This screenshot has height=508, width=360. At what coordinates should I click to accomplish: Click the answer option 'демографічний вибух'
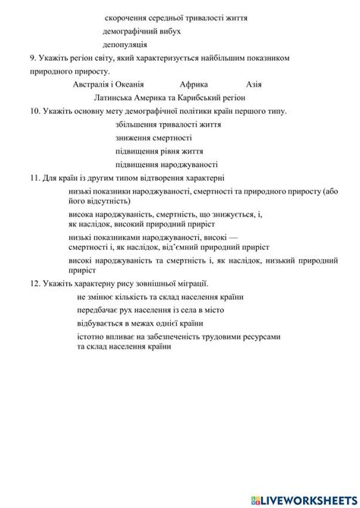point(141,31)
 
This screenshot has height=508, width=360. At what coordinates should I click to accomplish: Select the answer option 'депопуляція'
point(125,45)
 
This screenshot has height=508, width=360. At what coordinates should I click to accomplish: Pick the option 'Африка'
point(195,85)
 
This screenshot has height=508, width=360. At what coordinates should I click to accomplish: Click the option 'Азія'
point(254,85)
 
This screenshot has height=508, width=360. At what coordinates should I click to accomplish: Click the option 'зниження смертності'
point(153,137)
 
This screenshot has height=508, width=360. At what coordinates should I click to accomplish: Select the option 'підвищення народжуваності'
point(166,164)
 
